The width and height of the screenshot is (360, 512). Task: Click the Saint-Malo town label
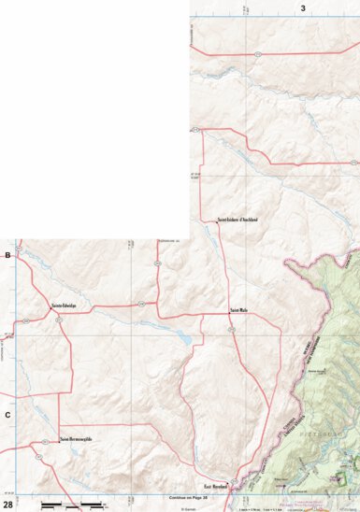click(x=238, y=308)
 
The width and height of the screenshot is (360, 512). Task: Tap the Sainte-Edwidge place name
click(x=64, y=305)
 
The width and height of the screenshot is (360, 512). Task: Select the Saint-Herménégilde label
click(x=75, y=439)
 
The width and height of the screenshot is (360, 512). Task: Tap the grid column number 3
click(x=302, y=7)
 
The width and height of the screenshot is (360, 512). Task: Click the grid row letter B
click(x=7, y=254)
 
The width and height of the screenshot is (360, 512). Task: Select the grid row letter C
click(x=7, y=414)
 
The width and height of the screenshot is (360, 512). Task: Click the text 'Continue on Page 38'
click(x=181, y=498)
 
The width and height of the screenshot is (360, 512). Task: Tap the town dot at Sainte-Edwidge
click(x=52, y=309)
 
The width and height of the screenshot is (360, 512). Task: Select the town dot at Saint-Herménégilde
click(x=59, y=440)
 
